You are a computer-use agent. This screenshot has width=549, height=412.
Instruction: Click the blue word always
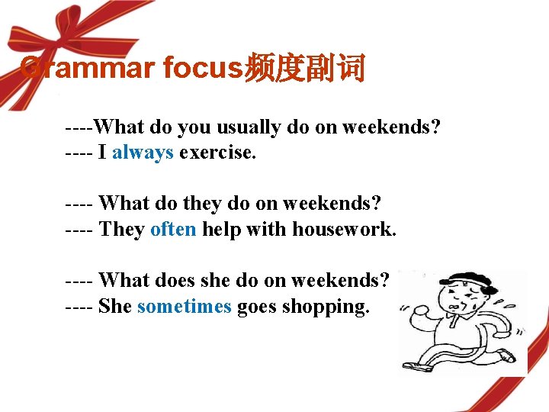pyautogui.click(x=143, y=152)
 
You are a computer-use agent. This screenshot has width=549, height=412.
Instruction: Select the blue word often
pyautogui.click(x=173, y=229)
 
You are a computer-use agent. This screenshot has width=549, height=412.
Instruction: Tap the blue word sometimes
pyautogui.click(x=184, y=306)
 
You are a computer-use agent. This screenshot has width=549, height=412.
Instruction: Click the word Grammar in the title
pyautogui.click(x=88, y=69)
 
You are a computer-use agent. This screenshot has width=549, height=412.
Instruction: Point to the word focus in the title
pyautogui.click(x=202, y=69)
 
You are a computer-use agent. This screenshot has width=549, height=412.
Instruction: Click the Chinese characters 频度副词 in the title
pyautogui.click(x=303, y=69)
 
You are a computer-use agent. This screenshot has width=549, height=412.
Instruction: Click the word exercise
pyautogui.click(x=218, y=152)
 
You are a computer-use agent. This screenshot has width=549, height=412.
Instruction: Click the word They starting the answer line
pyautogui.click(x=121, y=229)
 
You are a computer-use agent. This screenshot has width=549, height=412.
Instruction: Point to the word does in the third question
pyautogui.click(x=176, y=280)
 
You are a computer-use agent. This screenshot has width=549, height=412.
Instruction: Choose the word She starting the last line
pyautogui.click(x=115, y=306)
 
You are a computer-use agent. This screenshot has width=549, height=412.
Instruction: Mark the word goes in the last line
pyautogui.click(x=257, y=307)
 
